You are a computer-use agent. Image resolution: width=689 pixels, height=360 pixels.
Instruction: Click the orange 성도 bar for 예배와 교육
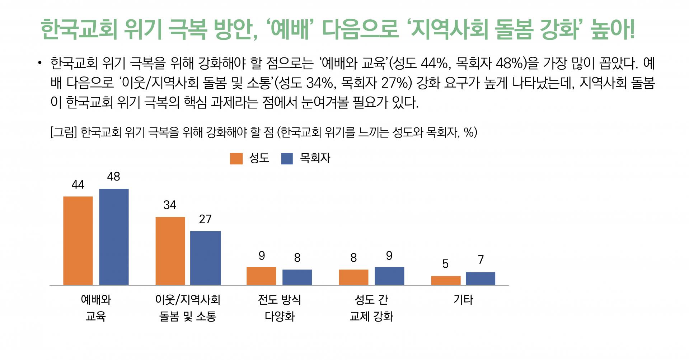[78, 241]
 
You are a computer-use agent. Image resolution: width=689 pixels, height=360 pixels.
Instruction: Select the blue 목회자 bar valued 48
[114, 237]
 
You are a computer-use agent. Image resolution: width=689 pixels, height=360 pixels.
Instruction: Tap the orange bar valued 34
[170, 251]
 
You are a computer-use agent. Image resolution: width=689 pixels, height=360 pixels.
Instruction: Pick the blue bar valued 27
[206, 258]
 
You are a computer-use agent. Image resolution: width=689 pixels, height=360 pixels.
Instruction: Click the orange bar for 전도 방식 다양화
[261, 276]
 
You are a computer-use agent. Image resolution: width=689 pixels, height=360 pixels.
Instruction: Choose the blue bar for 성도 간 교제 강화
[389, 276]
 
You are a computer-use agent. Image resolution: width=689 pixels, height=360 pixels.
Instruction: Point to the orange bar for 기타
[446, 281]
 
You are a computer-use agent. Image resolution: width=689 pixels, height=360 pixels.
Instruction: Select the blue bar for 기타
[481, 279]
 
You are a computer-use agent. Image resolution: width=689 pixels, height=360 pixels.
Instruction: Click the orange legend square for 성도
[236, 158]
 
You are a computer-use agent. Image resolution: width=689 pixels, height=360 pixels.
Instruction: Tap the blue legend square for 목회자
[287, 158]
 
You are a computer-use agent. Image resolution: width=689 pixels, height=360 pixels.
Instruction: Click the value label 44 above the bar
[78, 184]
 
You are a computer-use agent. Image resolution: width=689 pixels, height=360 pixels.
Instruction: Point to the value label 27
[205, 219]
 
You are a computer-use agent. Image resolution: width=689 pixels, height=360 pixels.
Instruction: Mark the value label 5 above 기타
[445, 264]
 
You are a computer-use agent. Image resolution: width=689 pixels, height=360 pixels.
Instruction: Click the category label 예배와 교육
[96, 308]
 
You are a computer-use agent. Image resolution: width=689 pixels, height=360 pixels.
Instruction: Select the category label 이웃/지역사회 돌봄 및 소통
[188, 308]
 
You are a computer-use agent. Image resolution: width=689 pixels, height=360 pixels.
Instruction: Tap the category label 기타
[463, 299]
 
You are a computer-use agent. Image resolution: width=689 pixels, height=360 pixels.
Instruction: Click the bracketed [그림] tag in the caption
[64, 132]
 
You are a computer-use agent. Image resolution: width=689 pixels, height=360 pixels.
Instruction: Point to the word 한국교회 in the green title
[79, 28]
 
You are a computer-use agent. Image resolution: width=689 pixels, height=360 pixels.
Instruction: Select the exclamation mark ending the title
[631, 28]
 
